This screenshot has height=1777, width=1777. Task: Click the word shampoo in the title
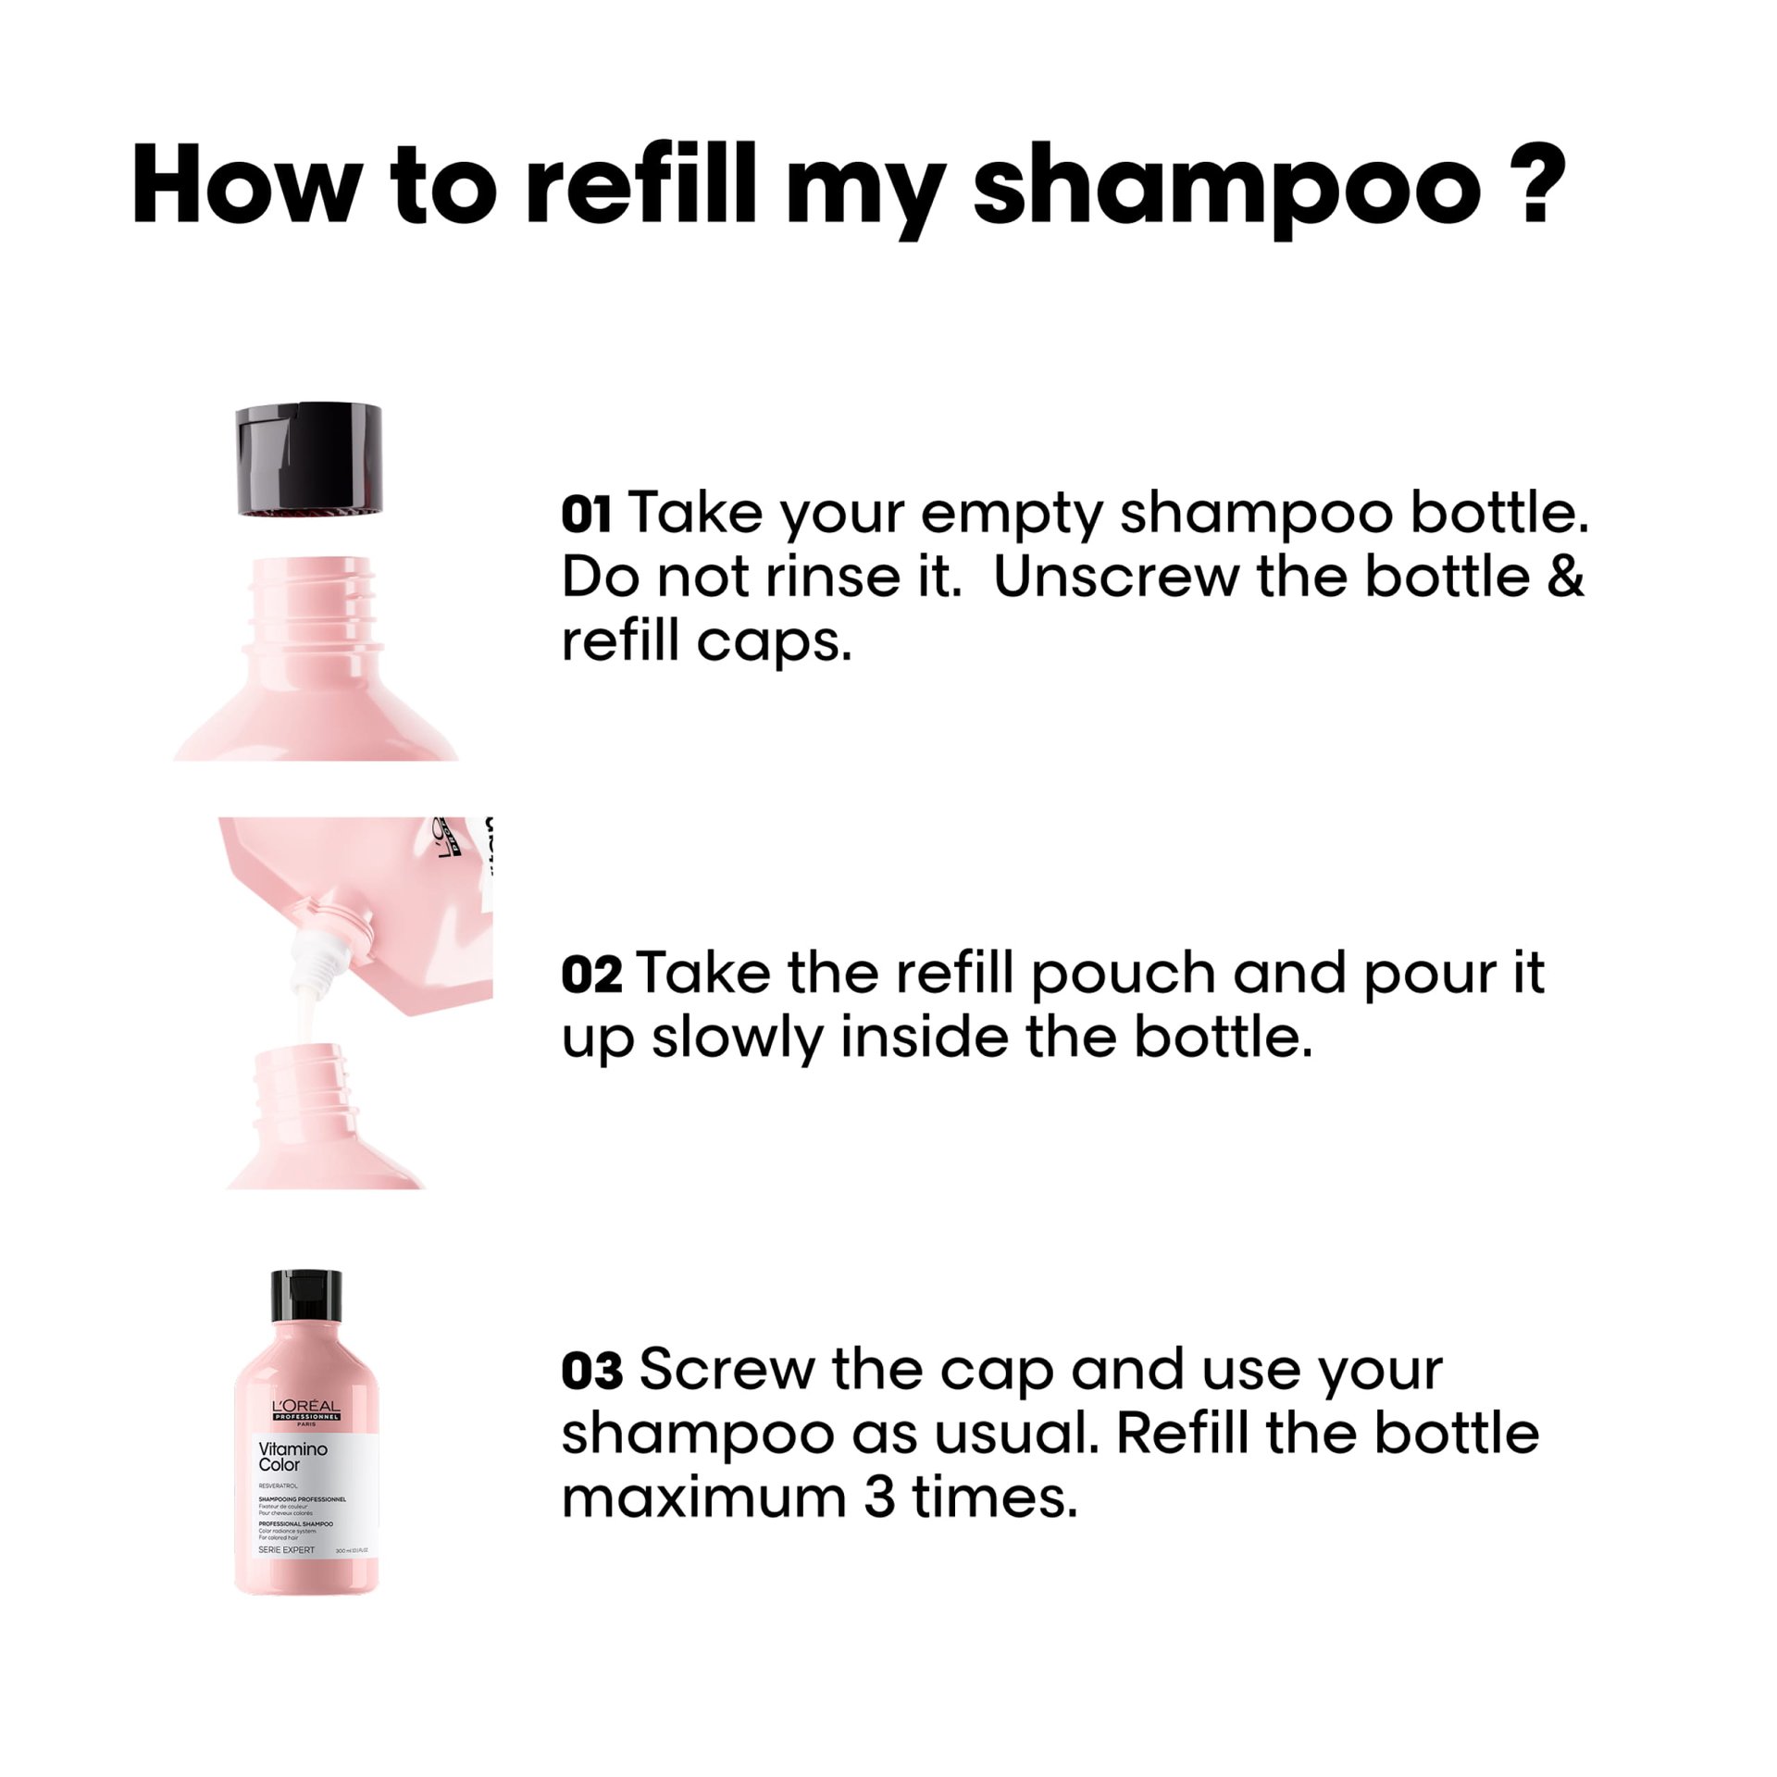1226,185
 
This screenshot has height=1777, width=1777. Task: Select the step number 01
586,515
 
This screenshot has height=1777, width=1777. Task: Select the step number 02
591,975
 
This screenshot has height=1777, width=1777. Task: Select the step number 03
591,1372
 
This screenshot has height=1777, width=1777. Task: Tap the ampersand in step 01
1564,577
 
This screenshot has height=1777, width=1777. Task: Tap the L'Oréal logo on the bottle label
306,1411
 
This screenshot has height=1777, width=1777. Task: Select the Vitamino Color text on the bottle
292,1456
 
